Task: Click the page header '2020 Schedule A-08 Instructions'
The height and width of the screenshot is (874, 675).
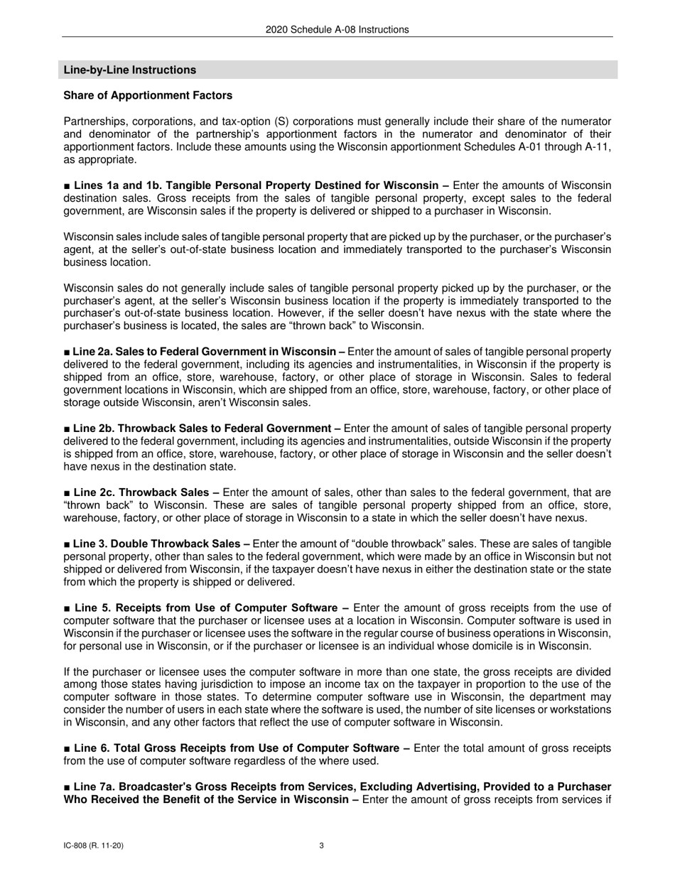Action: (337, 30)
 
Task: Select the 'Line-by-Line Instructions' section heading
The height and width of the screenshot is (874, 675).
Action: (130, 70)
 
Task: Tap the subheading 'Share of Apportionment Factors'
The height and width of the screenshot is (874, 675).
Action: (148, 95)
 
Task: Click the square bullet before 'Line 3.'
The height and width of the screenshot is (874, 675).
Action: (67, 544)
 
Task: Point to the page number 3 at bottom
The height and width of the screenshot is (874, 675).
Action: (322, 846)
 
